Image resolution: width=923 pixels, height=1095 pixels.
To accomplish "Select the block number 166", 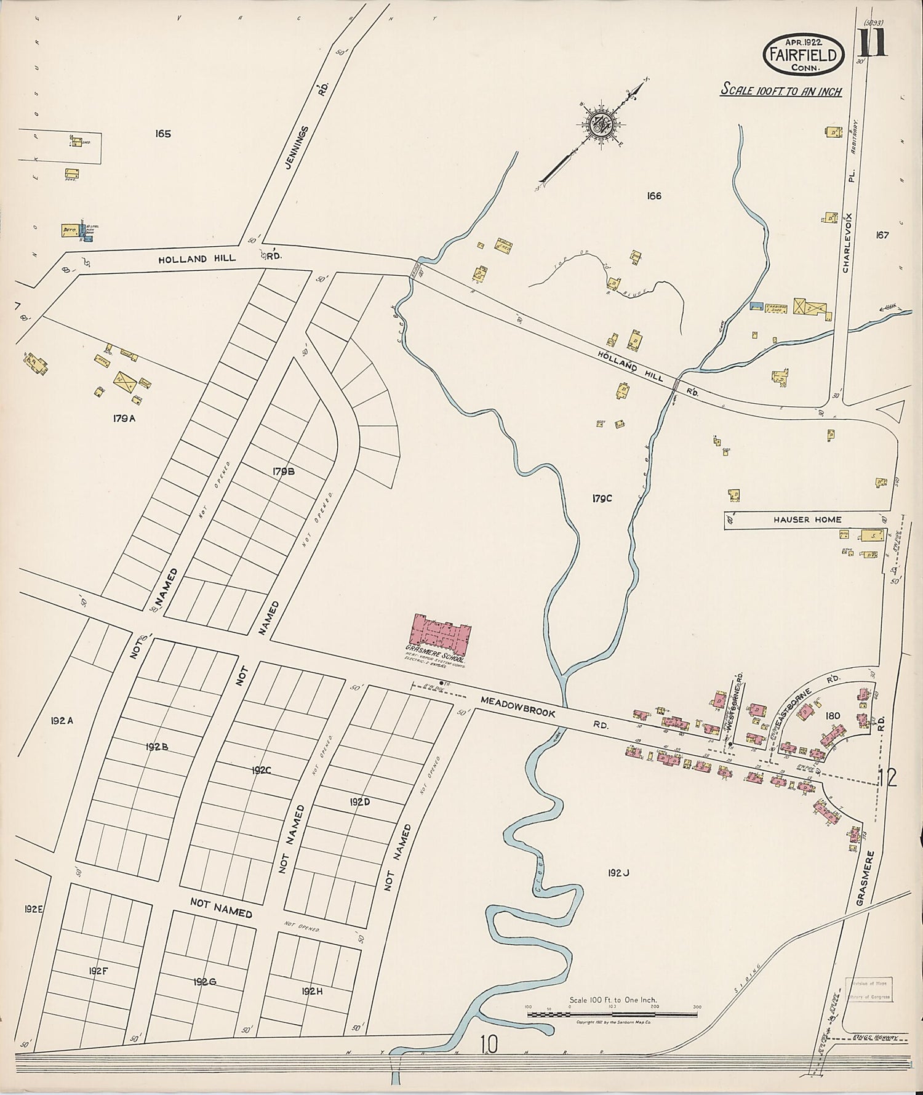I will pos(653,196).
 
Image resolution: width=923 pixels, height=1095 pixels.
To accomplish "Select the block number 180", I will pos(834,716).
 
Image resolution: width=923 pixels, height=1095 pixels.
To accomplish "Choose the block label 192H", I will pos(313,991).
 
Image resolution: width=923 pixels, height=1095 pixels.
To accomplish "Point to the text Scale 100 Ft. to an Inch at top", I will pos(781,90).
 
